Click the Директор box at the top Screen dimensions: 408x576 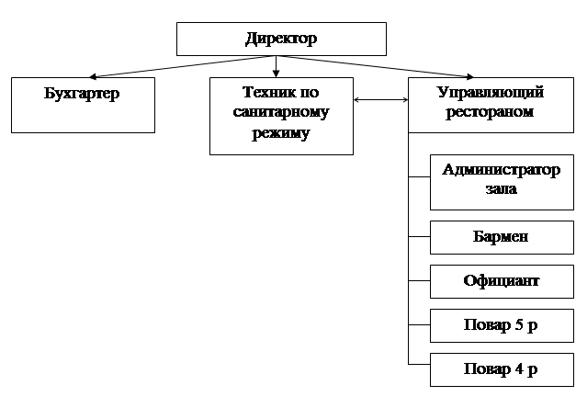point(280,40)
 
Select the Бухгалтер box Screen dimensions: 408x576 point(83,106)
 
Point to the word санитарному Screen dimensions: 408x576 point(280,113)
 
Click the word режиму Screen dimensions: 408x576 point(280,133)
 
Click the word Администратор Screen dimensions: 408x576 point(501,170)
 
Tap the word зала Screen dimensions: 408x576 point(501,190)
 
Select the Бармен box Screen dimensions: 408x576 point(501,237)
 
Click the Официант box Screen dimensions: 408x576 point(501,281)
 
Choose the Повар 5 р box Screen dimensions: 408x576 point(501,325)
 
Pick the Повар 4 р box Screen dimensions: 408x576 point(501,369)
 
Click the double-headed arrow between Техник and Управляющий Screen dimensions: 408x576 point(381,100)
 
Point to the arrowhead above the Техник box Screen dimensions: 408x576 point(276,72)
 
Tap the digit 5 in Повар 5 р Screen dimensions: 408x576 point(519,325)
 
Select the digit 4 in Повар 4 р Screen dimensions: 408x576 point(519,369)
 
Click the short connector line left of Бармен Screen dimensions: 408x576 point(419,237)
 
